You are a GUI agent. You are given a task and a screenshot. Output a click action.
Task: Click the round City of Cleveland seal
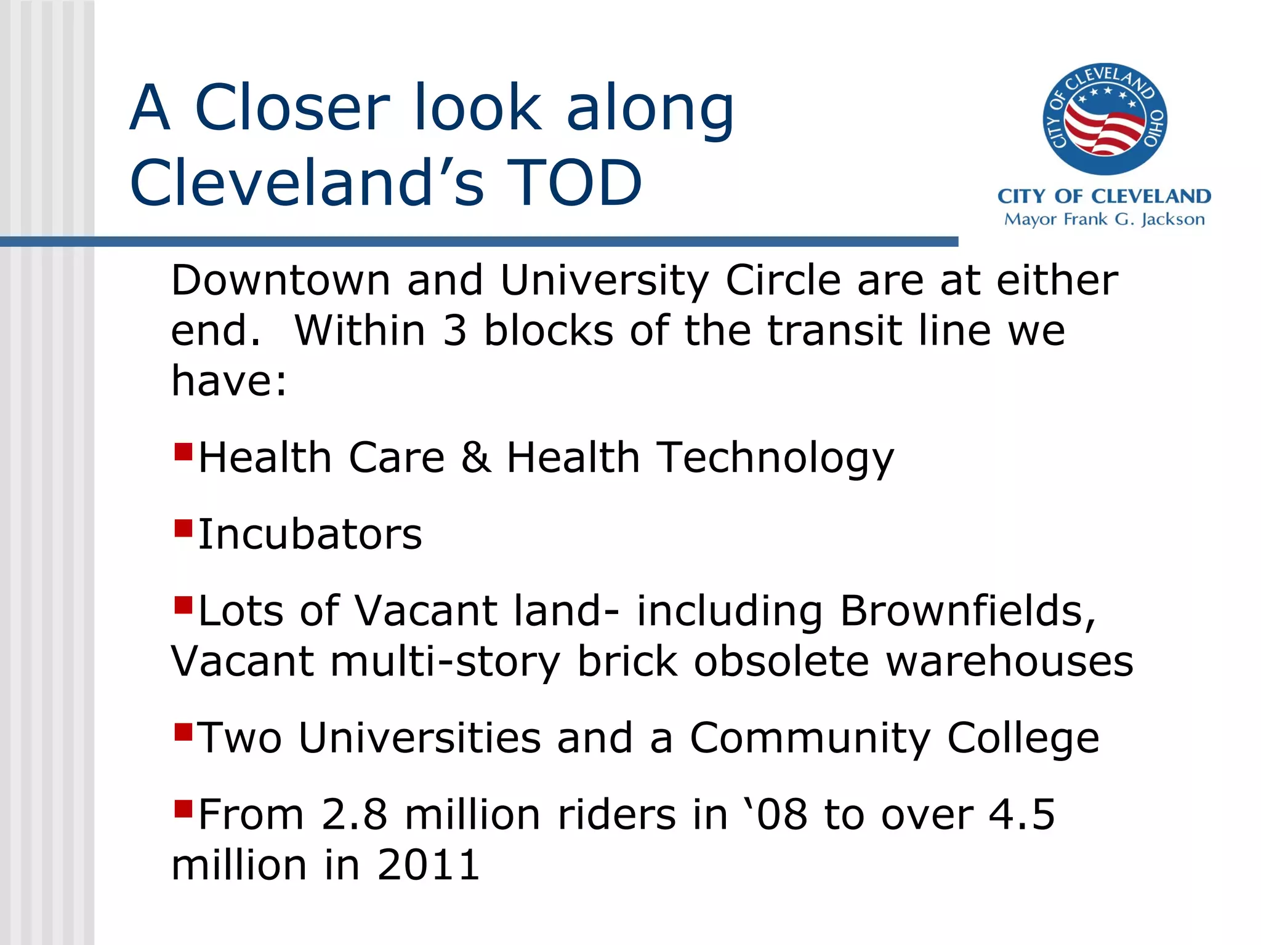tap(1105, 119)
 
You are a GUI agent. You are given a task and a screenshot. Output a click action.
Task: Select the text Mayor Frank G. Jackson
tap(1104, 220)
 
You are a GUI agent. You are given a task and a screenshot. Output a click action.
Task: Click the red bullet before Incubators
tap(183, 528)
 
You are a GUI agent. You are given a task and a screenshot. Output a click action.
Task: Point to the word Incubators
tap(310, 534)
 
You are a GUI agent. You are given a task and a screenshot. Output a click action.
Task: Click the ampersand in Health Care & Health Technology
tap(476, 458)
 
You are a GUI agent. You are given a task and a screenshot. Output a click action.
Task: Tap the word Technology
tap(775, 459)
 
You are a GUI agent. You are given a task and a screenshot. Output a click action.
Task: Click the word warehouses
tap(1009, 661)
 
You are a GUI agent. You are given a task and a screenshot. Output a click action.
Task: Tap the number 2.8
tap(354, 815)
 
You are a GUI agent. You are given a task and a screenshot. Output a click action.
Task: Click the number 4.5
tap(1021, 815)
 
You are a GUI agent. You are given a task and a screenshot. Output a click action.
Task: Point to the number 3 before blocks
tap(455, 331)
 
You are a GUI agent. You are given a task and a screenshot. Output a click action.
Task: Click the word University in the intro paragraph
tap(604, 281)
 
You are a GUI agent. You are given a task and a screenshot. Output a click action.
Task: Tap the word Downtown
tap(281, 281)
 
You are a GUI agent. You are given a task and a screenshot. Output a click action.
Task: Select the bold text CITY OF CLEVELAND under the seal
tap(1104, 196)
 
